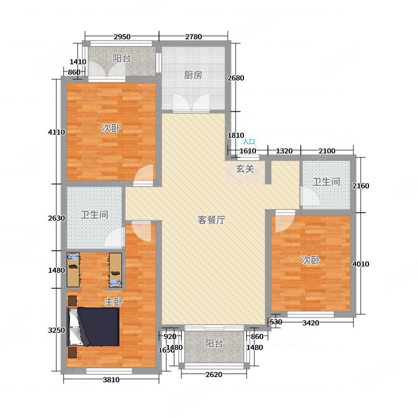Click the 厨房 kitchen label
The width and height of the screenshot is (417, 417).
click(193, 75)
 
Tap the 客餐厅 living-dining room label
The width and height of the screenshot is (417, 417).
click(211, 220)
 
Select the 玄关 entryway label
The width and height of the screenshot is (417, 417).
click(245, 168)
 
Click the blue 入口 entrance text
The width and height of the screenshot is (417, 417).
click(249, 142)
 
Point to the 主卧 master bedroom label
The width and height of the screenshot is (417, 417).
click(113, 302)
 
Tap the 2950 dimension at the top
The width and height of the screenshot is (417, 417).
click(122, 36)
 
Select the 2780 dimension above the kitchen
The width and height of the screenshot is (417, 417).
click(193, 36)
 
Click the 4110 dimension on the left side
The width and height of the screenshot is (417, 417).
click(56, 132)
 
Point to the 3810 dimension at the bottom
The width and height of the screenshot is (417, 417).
click(111, 380)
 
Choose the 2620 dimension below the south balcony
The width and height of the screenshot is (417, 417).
click(214, 375)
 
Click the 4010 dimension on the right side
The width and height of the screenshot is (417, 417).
click(361, 264)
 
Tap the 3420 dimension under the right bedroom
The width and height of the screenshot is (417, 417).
click(311, 323)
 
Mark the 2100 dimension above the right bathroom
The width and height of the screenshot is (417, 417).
click(327, 151)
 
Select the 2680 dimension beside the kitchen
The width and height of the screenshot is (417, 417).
click(236, 78)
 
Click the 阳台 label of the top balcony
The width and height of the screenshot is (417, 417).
click(122, 58)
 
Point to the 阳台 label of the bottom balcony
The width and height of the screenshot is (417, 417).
click(214, 344)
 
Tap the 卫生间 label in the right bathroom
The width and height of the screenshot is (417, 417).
click(327, 182)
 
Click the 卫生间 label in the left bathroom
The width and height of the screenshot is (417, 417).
click(94, 214)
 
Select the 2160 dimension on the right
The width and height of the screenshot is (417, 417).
click(361, 186)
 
